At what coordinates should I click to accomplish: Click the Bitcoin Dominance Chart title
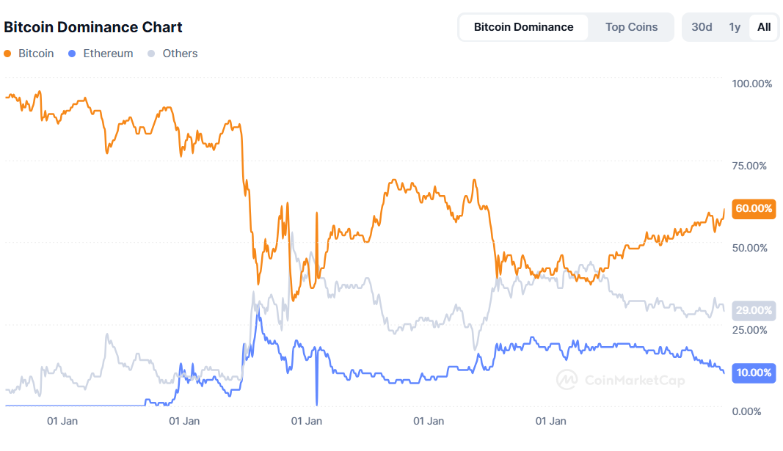click(93, 27)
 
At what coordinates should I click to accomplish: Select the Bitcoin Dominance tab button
click(523, 27)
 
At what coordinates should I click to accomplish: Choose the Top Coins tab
click(631, 27)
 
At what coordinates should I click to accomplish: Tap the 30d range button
click(702, 27)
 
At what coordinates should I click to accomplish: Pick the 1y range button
click(735, 27)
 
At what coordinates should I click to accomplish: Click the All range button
click(764, 27)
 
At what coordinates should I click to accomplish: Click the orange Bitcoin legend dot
click(8, 54)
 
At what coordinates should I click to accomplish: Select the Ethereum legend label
click(108, 54)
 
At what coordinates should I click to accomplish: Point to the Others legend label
click(180, 54)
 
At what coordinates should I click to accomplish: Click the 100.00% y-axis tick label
click(752, 84)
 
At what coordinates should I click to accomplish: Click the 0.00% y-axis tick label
click(752, 411)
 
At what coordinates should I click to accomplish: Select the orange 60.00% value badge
click(754, 208)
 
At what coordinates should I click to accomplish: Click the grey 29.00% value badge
click(754, 310)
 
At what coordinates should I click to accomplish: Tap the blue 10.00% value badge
click(754, 373)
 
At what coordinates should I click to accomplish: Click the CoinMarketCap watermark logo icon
click(567, 379)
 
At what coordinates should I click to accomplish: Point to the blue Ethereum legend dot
click(72, 54)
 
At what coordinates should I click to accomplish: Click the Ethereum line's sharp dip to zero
click(317, 403)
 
